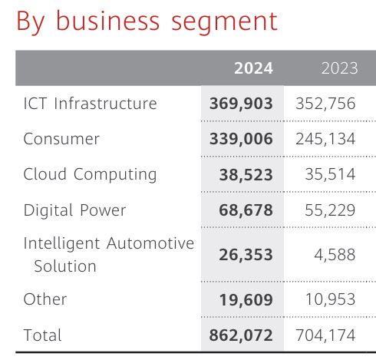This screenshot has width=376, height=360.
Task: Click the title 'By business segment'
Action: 147,21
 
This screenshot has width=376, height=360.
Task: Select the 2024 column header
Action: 253,68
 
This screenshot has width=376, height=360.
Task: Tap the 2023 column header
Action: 339,68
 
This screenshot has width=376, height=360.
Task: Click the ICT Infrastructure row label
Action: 90,104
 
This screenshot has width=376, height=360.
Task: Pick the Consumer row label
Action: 61,139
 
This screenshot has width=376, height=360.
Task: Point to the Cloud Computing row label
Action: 90,174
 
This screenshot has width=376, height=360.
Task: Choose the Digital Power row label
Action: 74,210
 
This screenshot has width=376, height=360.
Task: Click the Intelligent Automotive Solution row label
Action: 108,255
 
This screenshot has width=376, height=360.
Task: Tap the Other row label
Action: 45,299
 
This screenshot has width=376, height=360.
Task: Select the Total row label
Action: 43,335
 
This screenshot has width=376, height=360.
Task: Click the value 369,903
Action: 241,104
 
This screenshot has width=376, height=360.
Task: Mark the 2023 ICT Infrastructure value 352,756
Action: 326,104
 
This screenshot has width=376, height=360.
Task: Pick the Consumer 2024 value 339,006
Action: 241,139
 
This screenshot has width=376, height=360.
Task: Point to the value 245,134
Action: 326,139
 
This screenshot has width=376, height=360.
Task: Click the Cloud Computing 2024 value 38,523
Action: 246,175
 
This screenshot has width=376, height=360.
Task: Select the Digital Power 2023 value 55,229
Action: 331,210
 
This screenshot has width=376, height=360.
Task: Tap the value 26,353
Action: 246,255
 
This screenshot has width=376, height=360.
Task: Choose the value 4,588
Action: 335,255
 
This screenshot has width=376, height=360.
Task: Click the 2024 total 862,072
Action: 241,335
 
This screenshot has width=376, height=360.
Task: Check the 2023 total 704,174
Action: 326,335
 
